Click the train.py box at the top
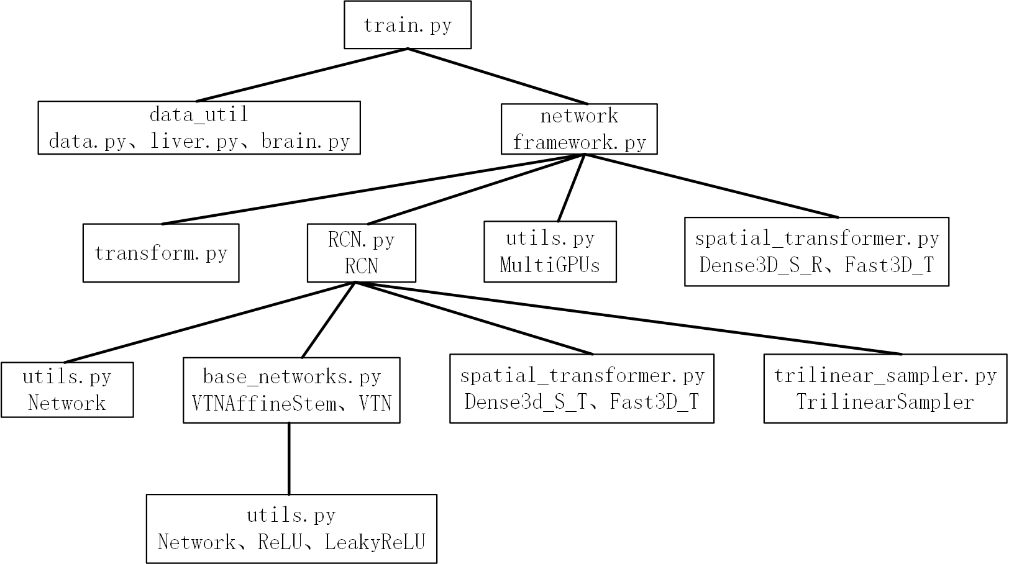[x=408, y=25]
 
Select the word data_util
[x=199, y=114]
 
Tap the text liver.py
[x=194, y=142]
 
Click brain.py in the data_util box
[x=305, y=142]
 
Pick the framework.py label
[x=579, y=142]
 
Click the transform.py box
[x=161, y=253]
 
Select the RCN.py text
[x=361, y=239]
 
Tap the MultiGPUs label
[x=550, y=265]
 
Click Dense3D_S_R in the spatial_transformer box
[x=761, y=265]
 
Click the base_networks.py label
[x=291, y=376]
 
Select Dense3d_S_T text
[x=526, y=402]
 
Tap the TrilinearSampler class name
[x=885, y=402]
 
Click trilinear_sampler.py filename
[x=885, y=375]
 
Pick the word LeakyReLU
[x=375, y=542]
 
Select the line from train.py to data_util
[x=302, y=75]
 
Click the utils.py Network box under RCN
[x=67, y=389]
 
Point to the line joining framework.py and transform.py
[x=373, y=189]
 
